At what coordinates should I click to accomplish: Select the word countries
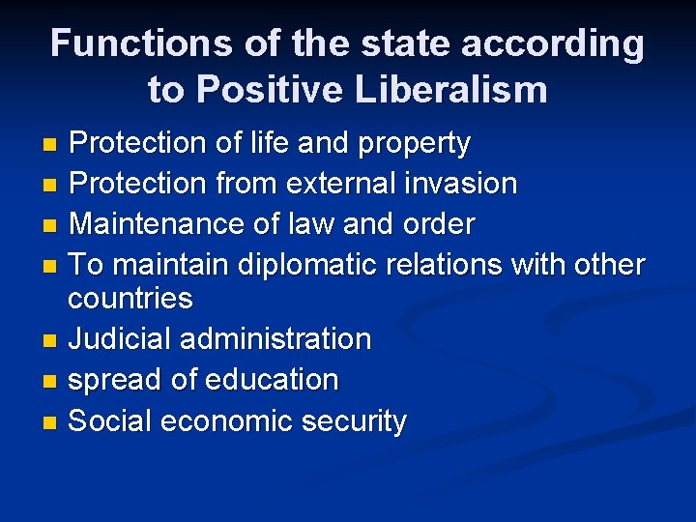130,299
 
